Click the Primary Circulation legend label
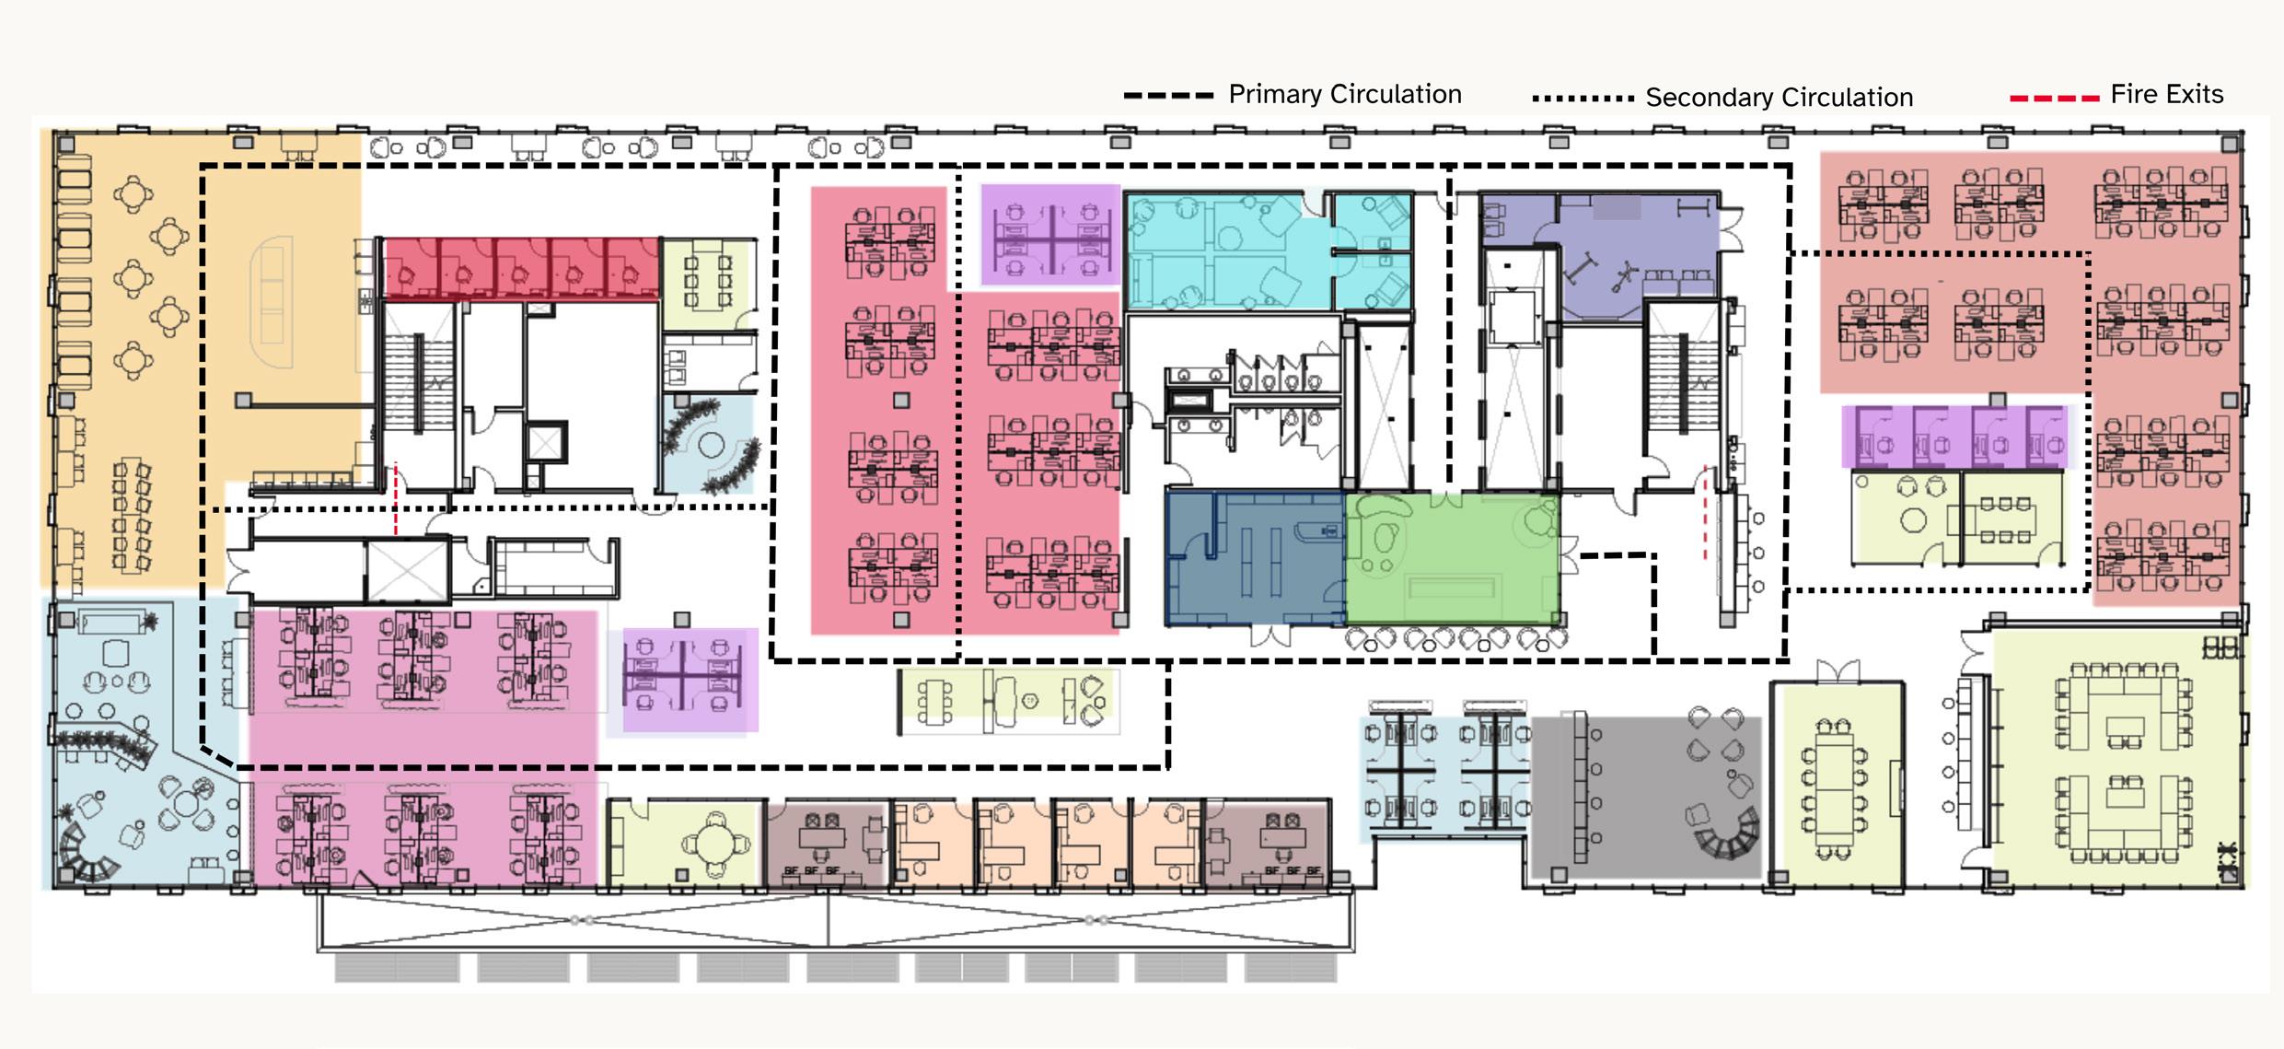tap(1344, 94)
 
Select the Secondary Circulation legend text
tap(1779, 98)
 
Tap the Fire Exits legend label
tap(2166, 94)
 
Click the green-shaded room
tap(1452, 560)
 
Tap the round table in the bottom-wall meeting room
tap(713, 842)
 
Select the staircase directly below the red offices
tap(419, 368)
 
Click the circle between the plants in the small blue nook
tap(711, 446)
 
